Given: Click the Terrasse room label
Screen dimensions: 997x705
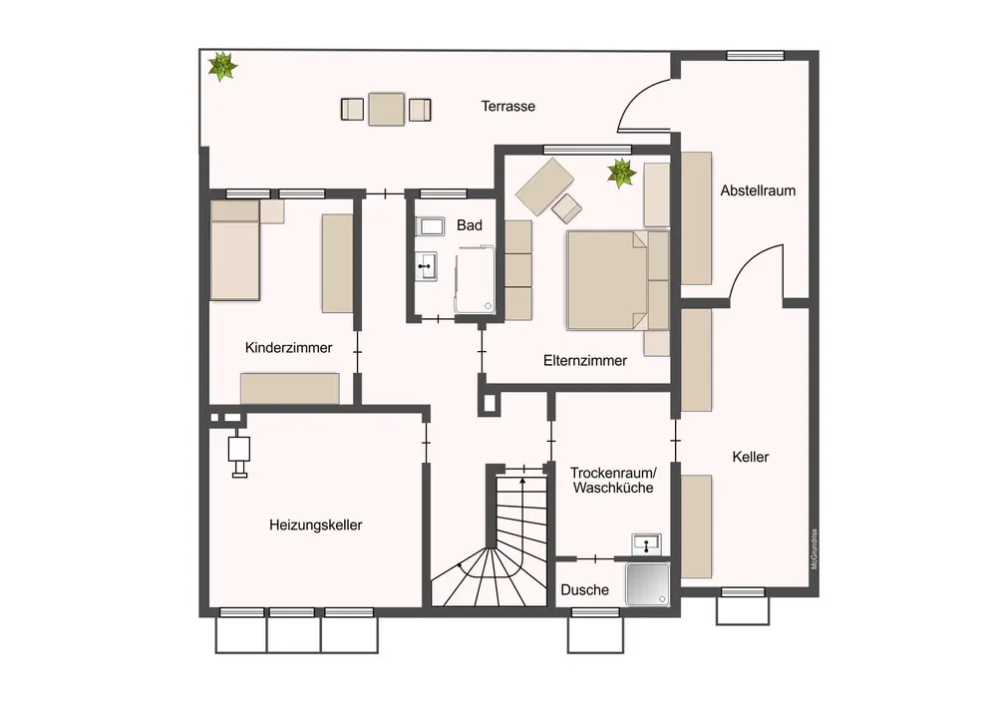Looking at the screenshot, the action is (x=508, y=106).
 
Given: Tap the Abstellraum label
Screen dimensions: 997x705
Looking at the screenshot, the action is (x=758, y=190).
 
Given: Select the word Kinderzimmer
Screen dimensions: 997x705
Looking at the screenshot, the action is (x=288, y=348).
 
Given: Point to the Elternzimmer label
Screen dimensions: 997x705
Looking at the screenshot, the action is (x=585, y=361).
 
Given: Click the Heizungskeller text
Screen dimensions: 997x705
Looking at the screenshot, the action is (x=315, y=525).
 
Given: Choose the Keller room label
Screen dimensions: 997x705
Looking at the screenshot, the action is (x=750, y=457).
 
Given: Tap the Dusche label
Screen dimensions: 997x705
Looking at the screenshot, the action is (x=584, y=590).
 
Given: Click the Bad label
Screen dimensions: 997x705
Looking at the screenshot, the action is (x=470, y=225).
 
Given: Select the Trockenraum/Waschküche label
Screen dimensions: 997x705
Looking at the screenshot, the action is (x=612, y=480).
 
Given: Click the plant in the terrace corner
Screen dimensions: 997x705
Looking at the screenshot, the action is (x=221, y=67).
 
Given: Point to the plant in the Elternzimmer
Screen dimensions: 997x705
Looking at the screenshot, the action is (x=622, y=173).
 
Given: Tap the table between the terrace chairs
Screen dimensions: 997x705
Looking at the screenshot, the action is (x=386, y=109).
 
